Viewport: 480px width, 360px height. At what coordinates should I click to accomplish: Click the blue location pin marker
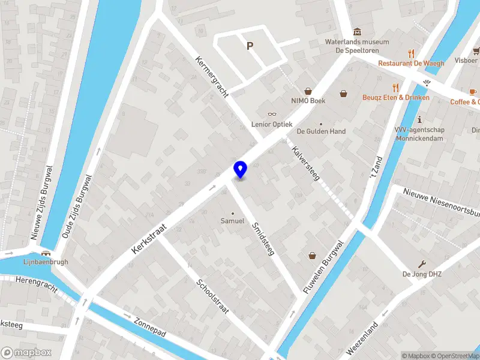[x=241, y=170]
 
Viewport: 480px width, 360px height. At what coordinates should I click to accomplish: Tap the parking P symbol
[x=250, y=46]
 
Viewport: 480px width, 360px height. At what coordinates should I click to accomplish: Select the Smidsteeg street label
[x=263, y=239]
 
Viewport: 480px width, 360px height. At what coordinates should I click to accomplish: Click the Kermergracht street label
[x=211, y=78]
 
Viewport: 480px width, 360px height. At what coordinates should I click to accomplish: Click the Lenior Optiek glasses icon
[x=272, y=114]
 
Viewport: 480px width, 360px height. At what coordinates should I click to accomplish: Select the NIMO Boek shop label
[x=308, y=101]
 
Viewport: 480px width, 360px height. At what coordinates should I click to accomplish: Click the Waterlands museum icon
[x=358, y=31]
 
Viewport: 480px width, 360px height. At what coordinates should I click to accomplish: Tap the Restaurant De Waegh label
[x=411, y=64]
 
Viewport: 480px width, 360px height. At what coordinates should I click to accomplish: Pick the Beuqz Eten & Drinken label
[x=396, y=97]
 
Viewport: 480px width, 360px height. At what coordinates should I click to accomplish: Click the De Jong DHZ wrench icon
[x=422, y=264]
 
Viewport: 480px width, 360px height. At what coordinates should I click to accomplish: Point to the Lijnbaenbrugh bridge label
[x=46, y=262]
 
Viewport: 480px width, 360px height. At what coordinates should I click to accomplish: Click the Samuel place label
[x=233, y=221]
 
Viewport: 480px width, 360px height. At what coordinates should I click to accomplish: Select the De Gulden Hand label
[x=321, y=131]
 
